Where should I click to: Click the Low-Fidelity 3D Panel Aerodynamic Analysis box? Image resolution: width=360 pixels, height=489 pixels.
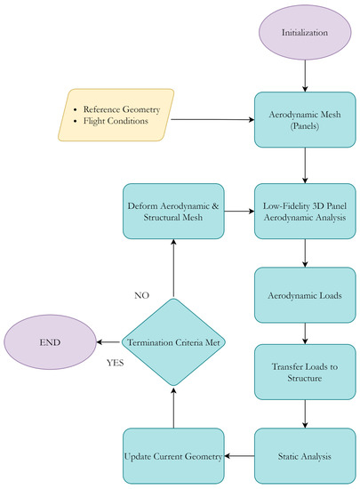pos(305,211)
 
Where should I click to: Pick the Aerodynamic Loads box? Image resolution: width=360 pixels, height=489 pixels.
pos(305,293)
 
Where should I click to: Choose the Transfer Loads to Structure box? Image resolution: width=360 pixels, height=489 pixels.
pos(305,372)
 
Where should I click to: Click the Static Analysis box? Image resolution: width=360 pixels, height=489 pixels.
pos(305,455)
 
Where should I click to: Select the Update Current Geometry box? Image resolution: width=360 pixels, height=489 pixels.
pos(174,455)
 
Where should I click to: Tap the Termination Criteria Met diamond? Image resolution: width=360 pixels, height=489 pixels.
pos(174,343)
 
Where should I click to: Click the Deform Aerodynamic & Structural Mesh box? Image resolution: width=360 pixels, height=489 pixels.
pos(174,211)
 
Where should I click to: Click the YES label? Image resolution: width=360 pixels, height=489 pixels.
pos(114,364)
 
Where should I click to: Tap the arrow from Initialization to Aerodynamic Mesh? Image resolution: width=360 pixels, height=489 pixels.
pos(305,75)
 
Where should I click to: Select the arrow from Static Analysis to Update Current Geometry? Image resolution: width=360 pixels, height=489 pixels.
pos(239,455)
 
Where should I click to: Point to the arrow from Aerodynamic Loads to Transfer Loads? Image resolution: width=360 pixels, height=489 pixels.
pos(305,332)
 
